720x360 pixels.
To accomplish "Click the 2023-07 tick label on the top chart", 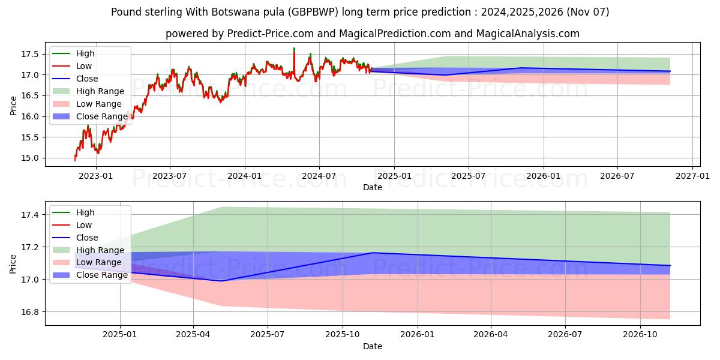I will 170,176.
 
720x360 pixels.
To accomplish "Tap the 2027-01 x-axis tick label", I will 692,176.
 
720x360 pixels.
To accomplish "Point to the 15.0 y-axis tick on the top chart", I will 31,158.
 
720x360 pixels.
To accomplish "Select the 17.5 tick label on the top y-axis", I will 31,54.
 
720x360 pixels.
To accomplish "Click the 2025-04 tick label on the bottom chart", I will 193,335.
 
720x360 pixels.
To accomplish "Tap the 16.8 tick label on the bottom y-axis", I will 31,312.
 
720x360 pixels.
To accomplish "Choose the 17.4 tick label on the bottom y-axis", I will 31,215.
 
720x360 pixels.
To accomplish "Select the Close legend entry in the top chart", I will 87,79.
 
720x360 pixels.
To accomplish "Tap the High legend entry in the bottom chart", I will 85,212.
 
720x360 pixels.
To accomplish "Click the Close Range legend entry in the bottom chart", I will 101,275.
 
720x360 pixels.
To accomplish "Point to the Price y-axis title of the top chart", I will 13,106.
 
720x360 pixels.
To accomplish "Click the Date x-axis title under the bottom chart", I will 373,346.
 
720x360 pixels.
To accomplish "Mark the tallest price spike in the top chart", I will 294,48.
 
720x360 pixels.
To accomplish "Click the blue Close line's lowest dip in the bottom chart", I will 221,281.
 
